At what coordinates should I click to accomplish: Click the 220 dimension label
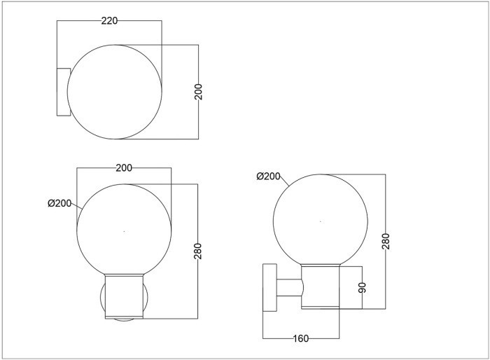109,20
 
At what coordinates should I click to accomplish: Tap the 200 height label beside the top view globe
198,92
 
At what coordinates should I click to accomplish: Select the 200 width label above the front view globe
124,168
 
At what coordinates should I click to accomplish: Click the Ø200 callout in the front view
59,203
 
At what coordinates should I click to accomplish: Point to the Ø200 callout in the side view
268,176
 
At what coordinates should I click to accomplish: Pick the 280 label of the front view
198,251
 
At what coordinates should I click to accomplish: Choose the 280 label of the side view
386,241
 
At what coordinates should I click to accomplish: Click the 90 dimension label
362,287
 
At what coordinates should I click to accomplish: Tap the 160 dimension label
301,338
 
